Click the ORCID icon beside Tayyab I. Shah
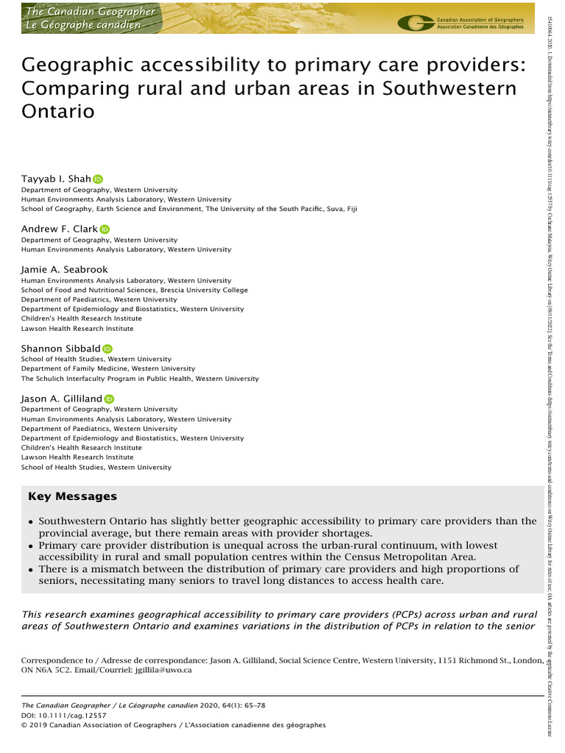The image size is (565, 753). [x=98, y=179]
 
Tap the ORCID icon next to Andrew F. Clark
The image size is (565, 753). [x=104, y=229]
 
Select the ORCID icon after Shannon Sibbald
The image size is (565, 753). [x=107, y=349]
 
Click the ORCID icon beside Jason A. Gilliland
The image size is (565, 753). [x=110, y=399]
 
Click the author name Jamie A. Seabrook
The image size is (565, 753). [x=65, y=270]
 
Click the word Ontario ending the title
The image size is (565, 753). [x=58, y=113]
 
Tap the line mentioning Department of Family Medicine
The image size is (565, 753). [x=108, y=368]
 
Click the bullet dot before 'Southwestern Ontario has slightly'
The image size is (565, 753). [x=30, y=521]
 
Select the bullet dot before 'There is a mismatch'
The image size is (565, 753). [x=30, y=570]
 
